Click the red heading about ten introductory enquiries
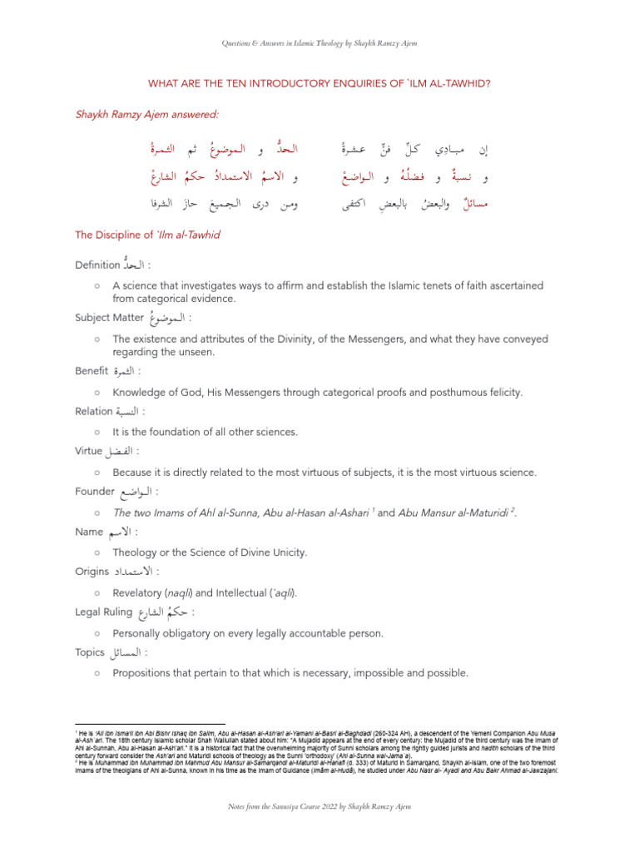pyautogui.click(x=319, y=83)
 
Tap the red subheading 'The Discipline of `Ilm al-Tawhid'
pyautogui.click(x=146, y=235)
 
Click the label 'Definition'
pyautogui.click(x=97, y=265)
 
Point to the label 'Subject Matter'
pyautogui.click(x=108, y=317)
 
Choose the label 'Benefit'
pyautogui.click(x=93, y=370)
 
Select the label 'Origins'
pyautogui.click(x=92, y=572)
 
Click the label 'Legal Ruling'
pyautogui.click(x=103, y=612)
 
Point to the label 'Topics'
pyautogui.click(x=90, y=652)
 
